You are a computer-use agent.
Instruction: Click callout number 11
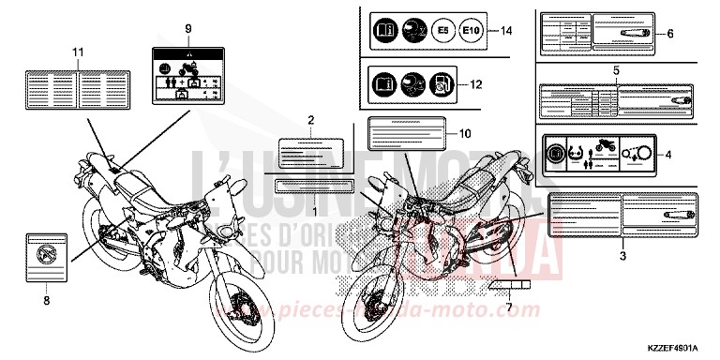[78, 51]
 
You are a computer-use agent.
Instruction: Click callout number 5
[615, 71]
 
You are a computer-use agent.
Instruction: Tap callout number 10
[465, 133]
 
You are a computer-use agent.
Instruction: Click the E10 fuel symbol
[474, 32]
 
